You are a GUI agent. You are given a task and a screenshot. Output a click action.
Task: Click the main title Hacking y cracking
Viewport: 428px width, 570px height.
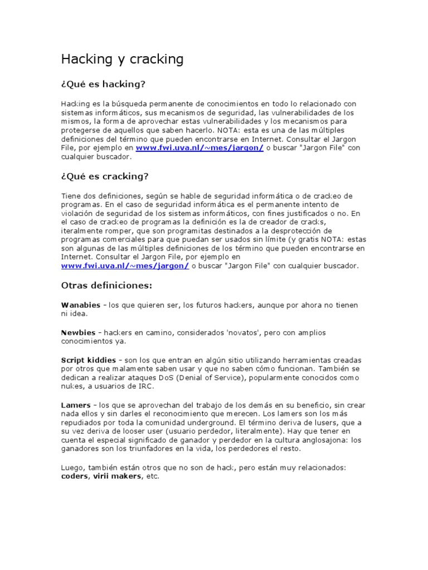121,59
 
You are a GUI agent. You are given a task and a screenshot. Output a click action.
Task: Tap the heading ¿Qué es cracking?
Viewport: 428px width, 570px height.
104,176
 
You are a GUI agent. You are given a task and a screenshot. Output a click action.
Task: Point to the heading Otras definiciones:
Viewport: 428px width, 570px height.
106,286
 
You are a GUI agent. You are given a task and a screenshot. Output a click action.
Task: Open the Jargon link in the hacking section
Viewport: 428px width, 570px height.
200,148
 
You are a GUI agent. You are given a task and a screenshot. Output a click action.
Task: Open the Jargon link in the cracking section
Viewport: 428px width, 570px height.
125,266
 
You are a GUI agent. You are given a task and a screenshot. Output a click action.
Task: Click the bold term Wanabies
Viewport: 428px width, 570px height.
81,305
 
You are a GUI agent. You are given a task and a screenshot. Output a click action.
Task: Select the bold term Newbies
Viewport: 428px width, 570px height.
78,332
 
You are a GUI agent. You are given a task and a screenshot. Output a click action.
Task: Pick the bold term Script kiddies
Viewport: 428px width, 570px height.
88,360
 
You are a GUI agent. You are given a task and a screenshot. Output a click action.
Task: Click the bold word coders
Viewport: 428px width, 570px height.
74,476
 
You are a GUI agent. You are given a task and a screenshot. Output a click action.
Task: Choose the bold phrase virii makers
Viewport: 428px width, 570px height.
118,476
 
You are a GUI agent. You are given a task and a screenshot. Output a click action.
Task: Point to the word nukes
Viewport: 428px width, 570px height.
72,387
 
